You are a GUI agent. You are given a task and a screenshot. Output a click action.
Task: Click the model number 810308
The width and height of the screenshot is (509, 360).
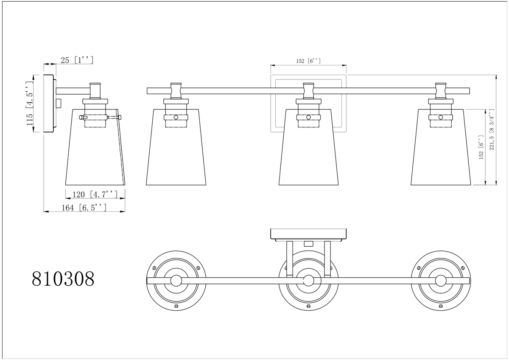(x=63, y=279)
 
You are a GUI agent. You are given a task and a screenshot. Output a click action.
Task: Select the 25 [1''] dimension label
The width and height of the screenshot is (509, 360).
(x=77, y=60)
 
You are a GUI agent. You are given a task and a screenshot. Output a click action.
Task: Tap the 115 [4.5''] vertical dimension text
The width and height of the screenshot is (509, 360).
(x=30, y=103)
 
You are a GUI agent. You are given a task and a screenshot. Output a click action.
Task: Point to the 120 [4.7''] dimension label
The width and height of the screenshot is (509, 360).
(x=95, y=194)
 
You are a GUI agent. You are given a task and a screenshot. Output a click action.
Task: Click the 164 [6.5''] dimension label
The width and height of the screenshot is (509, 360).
(x=84, y=208)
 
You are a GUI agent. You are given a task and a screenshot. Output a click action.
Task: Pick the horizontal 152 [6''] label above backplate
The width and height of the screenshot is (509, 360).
(x=308, y=61)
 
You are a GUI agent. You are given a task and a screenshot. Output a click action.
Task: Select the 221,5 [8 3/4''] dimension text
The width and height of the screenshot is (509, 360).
(x=492, y=129)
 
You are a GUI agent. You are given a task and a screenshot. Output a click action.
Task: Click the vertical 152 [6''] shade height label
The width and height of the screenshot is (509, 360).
(x=481, y=147)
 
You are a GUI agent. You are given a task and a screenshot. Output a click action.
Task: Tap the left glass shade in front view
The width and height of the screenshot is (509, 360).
(x=176, y=147)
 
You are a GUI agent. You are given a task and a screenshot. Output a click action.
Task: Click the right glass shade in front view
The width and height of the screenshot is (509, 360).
(x=441, y=147)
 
